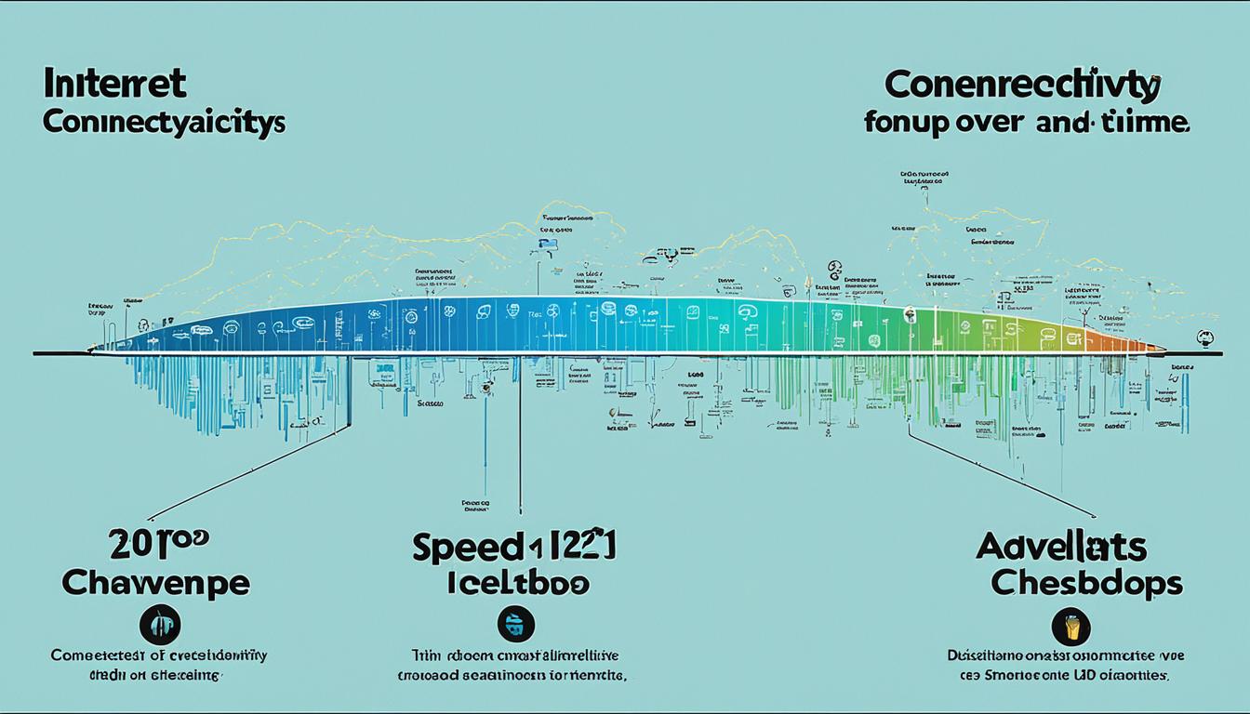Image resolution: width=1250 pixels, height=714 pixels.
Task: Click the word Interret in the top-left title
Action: (113, 85)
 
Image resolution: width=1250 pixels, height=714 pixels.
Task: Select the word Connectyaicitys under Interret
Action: (163, 124)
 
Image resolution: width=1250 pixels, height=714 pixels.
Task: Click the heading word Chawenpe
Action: (155, 583)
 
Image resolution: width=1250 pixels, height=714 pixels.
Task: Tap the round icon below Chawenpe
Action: (159, 624)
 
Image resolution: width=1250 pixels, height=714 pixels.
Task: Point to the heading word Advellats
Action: (1060, 547)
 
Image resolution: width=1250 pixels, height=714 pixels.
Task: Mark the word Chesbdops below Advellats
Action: (1086, 583)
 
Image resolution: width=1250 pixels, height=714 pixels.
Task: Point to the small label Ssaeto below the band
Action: (430, 404)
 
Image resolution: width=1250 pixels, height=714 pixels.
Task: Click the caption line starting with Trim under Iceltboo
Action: (517, 655)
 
